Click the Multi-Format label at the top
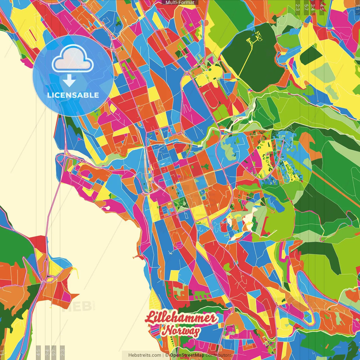pyautogui.click(x=180, y=3)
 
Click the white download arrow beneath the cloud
pyautogui.click(x=69, y=80)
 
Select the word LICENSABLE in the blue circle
pyautogui.click(x=73, y=95)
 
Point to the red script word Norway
pyautogui.click(x=181, y=331)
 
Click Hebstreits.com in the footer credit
pyautogui.click(x=145, y=355)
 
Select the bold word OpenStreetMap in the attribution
pyautogui.click(x=187, y=355)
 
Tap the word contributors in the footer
pyautogui.click(x=219, y=355)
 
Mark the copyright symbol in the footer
pyautogui.click(x=167, y=355)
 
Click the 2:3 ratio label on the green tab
pyautogui.click(x=298, y=7)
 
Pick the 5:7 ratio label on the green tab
pyautogui.click(x=306, y=7)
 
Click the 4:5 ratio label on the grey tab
pyautogui.click(x=38, y=352)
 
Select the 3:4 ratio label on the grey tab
pyautogui.click(x=47, y=352)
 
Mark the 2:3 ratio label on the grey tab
pyautogui.click(x=62, y=352)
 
